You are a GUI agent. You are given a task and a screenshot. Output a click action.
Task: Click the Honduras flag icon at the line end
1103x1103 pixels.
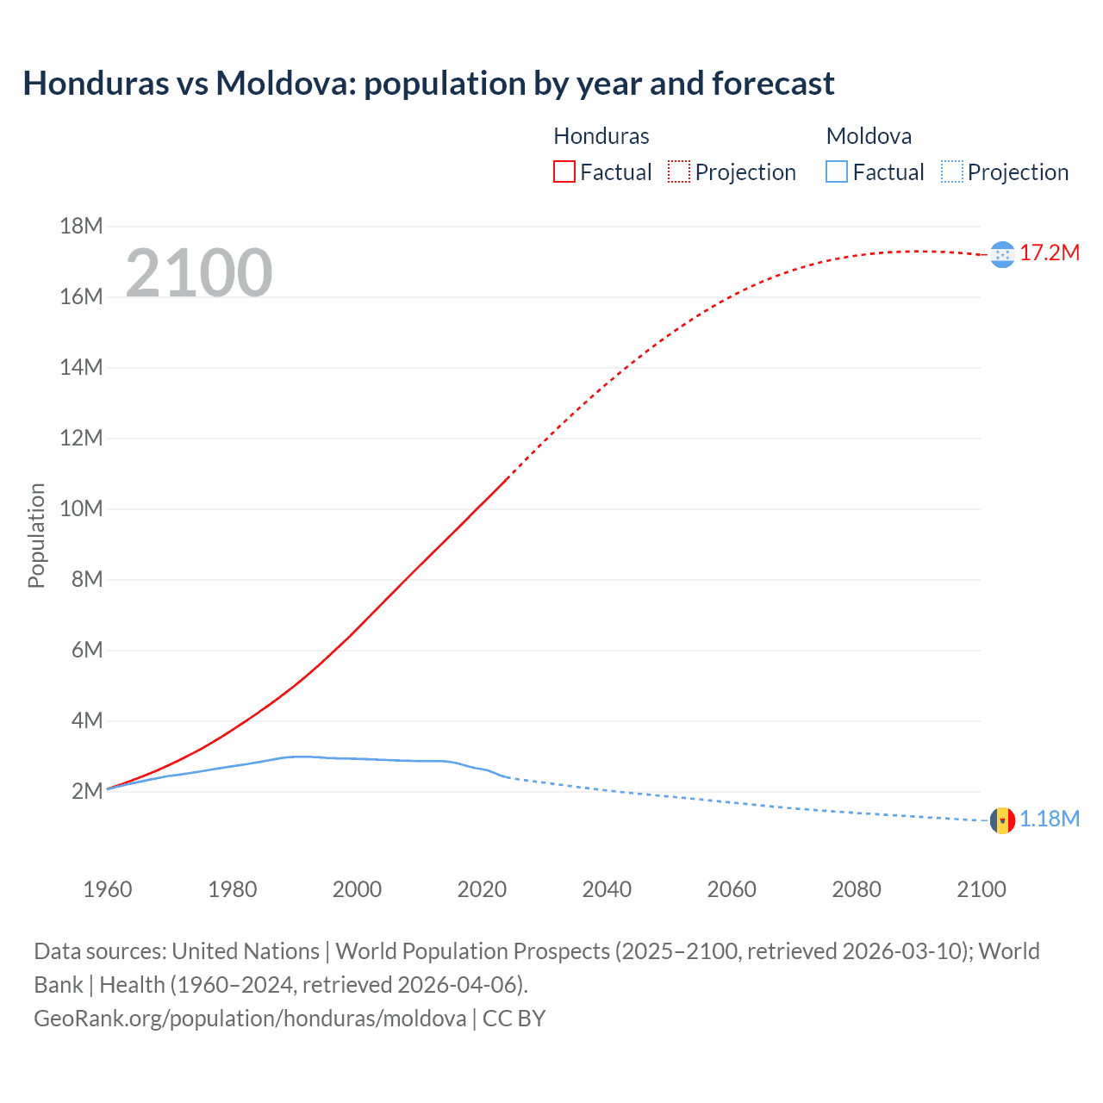tap(1002, 254)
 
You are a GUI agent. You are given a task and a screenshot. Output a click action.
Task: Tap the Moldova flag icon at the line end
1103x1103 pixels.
tap(1002, 820)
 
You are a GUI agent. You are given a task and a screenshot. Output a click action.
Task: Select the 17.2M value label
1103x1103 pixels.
tap(1050, 252)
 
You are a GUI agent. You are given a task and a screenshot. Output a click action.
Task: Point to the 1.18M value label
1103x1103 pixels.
tap(1050, 819)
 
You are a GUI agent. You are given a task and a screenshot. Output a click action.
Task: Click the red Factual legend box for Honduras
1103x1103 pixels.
tap(564, 171)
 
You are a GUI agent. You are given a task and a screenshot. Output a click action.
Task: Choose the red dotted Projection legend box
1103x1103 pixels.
tap(679, 171)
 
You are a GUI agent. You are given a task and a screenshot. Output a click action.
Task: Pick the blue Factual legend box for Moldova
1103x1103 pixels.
tap(836, 171)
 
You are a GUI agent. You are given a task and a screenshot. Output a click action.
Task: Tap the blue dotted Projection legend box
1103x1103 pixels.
tap(952, 171)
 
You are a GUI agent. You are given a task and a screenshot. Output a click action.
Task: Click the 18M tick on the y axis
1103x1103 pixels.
tap(81, 226)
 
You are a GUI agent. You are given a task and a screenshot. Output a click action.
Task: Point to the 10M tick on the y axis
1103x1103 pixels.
tap(81, 508)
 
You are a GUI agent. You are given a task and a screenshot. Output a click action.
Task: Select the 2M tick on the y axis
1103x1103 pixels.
tap(86, 791)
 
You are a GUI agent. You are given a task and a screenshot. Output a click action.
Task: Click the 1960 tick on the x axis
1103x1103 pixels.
tap(108, 889)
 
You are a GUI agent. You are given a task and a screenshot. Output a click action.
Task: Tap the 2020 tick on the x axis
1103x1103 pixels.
tap(482, 889)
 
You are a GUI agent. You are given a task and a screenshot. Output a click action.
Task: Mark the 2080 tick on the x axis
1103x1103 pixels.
tap(857, 889)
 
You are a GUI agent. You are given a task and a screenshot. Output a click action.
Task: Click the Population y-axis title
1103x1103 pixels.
tap(36, 535)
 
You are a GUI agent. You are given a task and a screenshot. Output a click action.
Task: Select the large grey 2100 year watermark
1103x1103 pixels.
tap(199, 273)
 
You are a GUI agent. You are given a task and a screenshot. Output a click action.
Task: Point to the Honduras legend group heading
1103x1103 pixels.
tap(601, 136)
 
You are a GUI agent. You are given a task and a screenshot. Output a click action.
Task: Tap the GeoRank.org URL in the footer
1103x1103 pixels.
tap(250, 1018)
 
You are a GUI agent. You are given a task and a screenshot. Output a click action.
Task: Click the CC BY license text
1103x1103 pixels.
tap(514, 1018)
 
